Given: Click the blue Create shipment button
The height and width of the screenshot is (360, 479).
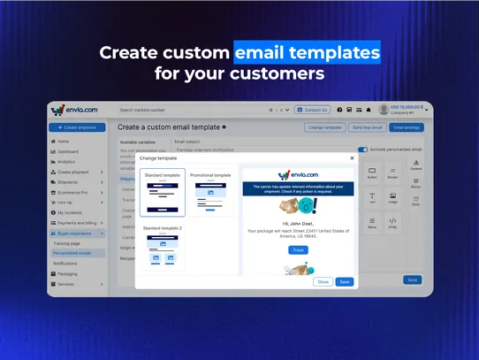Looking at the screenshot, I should (x=77, y=127).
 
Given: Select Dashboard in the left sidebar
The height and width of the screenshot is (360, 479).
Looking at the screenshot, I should (x=68, y=151).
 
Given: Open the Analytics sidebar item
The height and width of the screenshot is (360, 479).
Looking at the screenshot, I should (x=66, y=162).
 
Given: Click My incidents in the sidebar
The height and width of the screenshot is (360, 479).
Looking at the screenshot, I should (x=70, y=212).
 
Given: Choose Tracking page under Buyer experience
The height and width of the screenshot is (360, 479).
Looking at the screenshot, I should (x=67, y=242).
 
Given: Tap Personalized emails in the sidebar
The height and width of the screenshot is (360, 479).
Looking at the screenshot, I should (x=72, y=253).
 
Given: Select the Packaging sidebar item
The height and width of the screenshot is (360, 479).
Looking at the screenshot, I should (x=66, y=273).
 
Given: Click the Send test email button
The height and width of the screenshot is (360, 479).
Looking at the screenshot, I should (x=367, y=127).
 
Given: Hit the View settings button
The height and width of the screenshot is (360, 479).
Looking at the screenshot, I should (x=407, y=127).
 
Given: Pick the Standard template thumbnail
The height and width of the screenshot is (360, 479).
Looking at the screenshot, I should (x=163, y=193).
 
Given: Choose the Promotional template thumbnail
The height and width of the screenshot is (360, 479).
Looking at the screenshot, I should (x=210, y=193).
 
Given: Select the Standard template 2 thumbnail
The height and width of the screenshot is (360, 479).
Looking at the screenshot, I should (x=163, y=248).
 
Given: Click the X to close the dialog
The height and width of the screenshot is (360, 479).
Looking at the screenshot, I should (x=352, y=158).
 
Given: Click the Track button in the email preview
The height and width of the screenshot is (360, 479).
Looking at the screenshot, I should (x=298, y=250).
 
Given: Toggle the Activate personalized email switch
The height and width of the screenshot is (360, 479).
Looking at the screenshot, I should (x=362, y=149).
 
